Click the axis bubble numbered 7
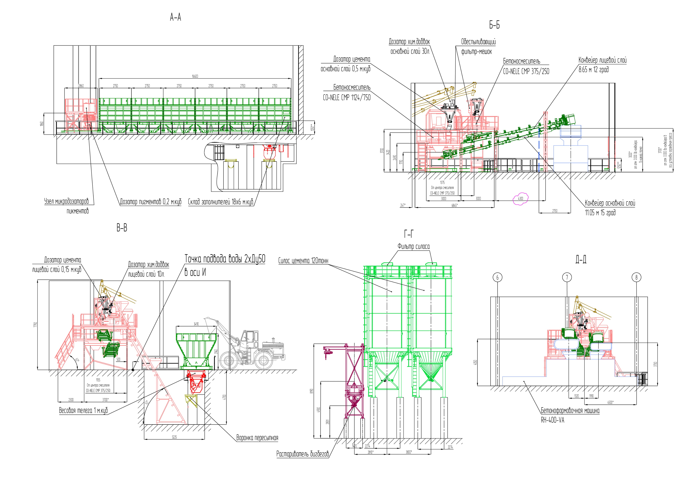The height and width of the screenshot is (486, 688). [x=567, y=278]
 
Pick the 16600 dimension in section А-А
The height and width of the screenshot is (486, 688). [x=195, y=76]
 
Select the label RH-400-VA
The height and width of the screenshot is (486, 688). [x=552, y=420]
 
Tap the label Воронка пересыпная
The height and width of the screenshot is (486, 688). [x=257, y=438]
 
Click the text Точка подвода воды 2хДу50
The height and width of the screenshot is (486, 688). [x=225, y=259]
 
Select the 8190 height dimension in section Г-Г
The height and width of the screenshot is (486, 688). [x=312, y=391]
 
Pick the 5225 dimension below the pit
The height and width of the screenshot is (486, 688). [x=174, y=437]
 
